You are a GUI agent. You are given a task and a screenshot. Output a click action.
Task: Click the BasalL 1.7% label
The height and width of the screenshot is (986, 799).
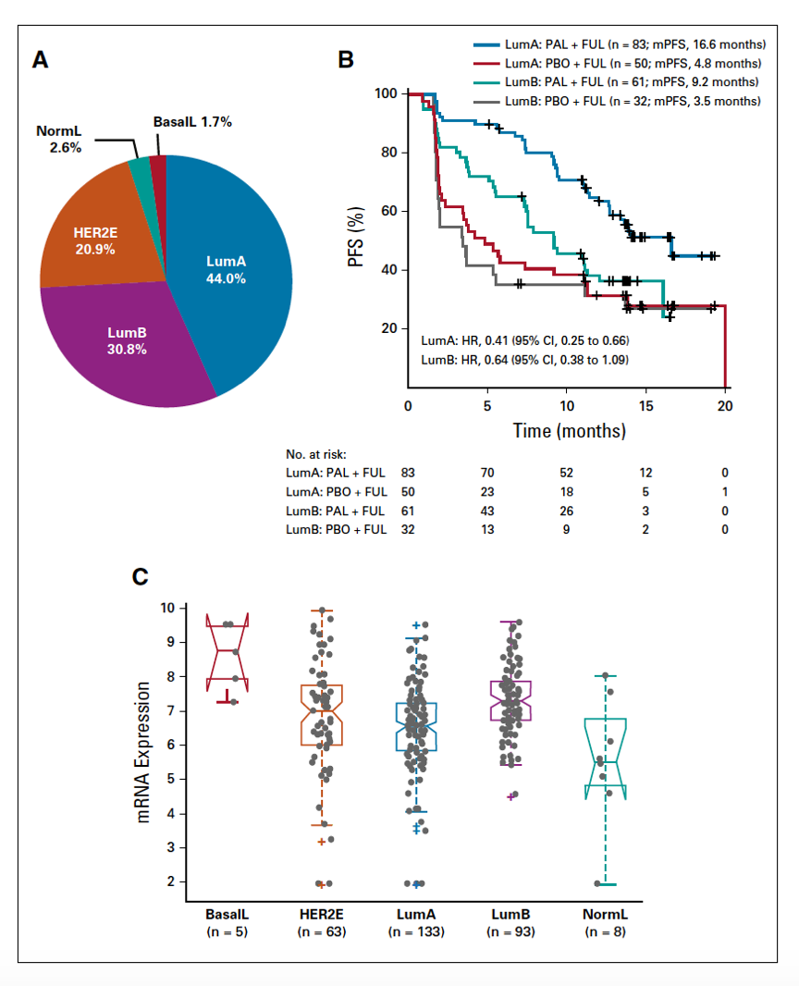(191, 122)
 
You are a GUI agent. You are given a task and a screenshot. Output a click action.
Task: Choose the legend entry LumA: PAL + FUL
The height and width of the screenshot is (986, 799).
(621, 43)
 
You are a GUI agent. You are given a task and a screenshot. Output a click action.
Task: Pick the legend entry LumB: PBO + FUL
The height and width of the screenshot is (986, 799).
(620, 100)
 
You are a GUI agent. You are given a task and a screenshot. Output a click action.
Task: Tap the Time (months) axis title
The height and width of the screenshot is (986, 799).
(569, 430)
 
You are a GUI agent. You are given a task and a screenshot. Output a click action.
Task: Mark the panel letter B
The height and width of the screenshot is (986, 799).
(345, 60)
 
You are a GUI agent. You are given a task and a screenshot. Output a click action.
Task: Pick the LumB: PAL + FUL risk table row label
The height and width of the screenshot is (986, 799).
(336, 511)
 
